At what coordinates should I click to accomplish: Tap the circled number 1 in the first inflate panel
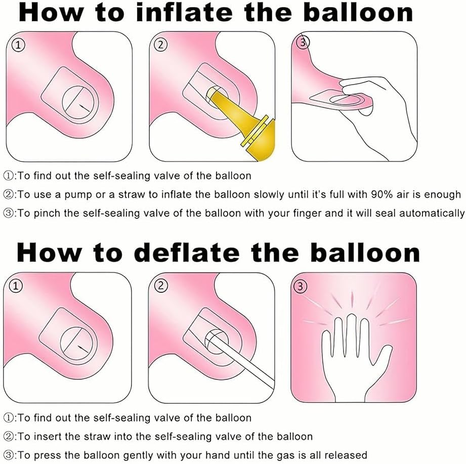pyautogui.click(x=18, y=45)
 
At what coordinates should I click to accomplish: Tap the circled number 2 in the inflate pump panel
pyautogui.click(x=160, y=45)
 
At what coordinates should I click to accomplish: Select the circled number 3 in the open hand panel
pyautogui.click(x=300, y=286)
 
